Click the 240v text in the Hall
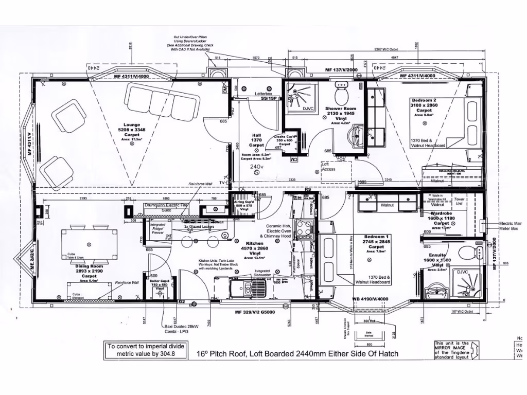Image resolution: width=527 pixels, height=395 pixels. (256, 167)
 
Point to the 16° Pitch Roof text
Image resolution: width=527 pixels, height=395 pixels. (297, 354)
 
